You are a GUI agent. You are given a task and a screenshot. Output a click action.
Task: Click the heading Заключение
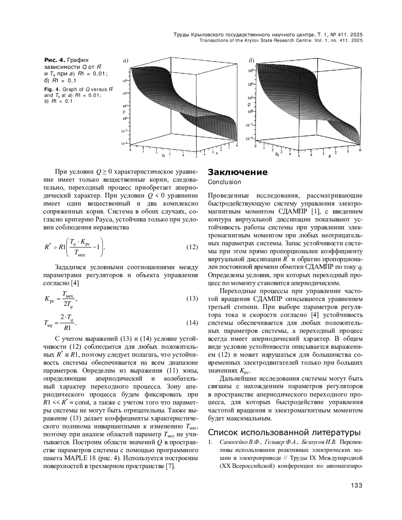[x=238, y=172]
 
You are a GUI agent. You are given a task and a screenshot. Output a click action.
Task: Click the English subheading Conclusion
[x=224, y=182]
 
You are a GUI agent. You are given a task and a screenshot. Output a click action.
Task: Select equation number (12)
[x=192, y=247]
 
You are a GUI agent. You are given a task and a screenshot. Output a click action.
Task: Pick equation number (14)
[x=192, y=323]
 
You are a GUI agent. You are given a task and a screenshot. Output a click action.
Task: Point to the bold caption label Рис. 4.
[x=55, y=60]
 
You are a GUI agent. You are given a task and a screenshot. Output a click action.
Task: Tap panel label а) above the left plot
[x=126, y=61]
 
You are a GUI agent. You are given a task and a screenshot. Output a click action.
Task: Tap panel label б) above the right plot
[x=251, y=61]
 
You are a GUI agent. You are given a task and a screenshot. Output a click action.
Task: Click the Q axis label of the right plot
[x=249, y=105]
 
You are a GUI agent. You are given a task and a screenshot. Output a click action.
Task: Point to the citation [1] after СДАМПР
[x=315, y=212]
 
